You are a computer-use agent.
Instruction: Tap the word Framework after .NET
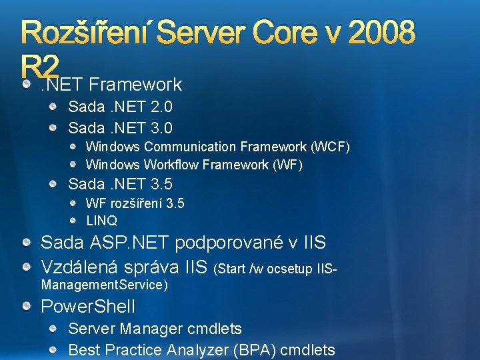tap(135, 85)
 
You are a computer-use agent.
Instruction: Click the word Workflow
tap(174, 165)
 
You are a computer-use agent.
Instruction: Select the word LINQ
tap(101, 220)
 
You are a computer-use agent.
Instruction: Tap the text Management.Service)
tap(105, 285)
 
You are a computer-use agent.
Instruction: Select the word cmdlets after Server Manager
tap(218, 329)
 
